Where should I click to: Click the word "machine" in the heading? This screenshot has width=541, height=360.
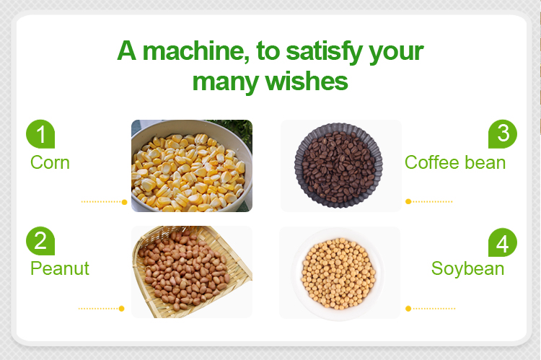point(195,51)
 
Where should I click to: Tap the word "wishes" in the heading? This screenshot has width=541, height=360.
point(307,82)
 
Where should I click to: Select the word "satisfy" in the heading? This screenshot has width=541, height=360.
point(325,52)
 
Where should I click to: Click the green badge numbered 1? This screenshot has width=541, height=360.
point(40,134)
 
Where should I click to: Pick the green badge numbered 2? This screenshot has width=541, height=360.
point(40,241)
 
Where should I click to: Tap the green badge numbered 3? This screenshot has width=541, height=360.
point(503,134)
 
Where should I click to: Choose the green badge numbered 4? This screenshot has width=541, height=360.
point(503,242)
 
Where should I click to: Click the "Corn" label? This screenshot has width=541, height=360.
point(50,162)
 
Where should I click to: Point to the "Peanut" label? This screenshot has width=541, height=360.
point(60,268)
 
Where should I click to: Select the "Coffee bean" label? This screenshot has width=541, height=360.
point(455,162)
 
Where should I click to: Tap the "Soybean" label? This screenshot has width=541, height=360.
point(467,269)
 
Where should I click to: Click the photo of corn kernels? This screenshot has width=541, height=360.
point(192,166)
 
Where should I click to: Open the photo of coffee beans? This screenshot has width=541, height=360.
point(341,166)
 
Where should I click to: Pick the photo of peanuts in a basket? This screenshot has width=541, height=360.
point(192,272)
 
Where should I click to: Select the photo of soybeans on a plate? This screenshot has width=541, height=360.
point(340,273)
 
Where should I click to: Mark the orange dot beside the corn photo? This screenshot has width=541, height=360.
point(125,202)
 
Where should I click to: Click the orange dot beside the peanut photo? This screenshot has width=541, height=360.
point(121,309)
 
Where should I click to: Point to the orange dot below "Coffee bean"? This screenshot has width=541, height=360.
point(408,201)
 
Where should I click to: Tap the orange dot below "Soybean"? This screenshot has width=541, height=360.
point(408,309)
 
